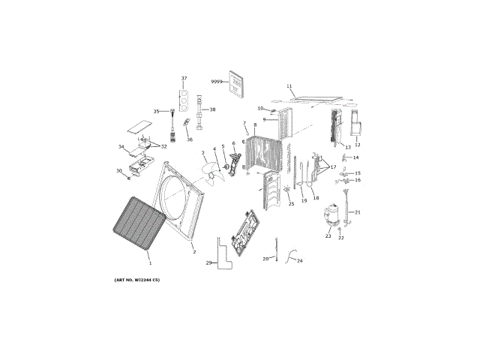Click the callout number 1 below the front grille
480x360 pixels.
(x=149, y=263)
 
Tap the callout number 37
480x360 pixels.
(x=184, y=79)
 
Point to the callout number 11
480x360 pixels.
(x=289, y=86)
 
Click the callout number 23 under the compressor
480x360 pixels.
(x=328, y=236)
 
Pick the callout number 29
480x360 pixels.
(x=209, y=263)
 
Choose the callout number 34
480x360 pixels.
(x=121, y=147)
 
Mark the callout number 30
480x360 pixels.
(x=118, y=171)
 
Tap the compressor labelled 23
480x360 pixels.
(x=329, y=217)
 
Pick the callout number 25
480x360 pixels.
(x=292, y=204)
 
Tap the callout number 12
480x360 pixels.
(x=358, y=145)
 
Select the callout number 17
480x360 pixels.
(x=333, y=167)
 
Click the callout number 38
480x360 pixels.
(x=212, y=110)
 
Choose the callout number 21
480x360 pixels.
(x=358, y=212)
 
